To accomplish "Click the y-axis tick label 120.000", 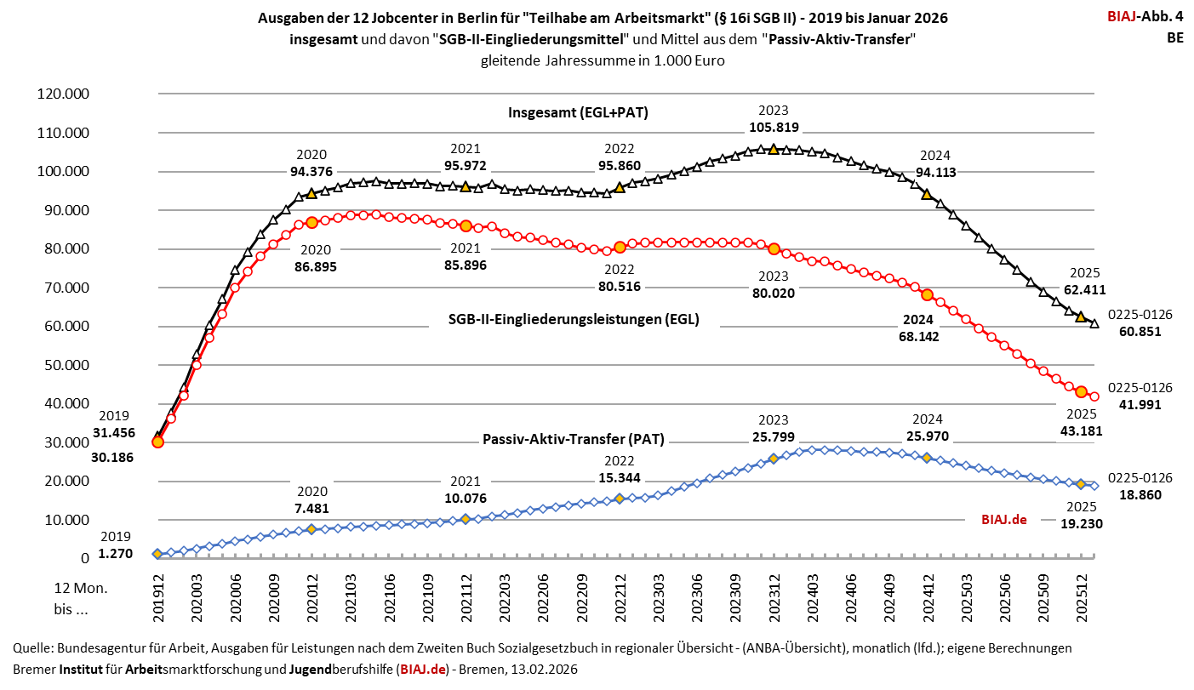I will click(x=64, y=94).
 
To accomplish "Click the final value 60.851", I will click(x=1140, y=332).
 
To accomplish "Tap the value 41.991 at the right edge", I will click(x=1140, y=405).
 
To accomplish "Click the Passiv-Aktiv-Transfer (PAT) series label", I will click(x=574, y=440).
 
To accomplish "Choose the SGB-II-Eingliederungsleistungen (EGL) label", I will click(x=574, y=320).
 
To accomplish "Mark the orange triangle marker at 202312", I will click(x=773, y=149).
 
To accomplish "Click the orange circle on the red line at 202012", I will click(x=311, y=222).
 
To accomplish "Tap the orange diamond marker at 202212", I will click(x=620, y=499).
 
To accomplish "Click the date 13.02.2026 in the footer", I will click(x=545, y=670).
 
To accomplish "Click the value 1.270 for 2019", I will click(x=115, y=553).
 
